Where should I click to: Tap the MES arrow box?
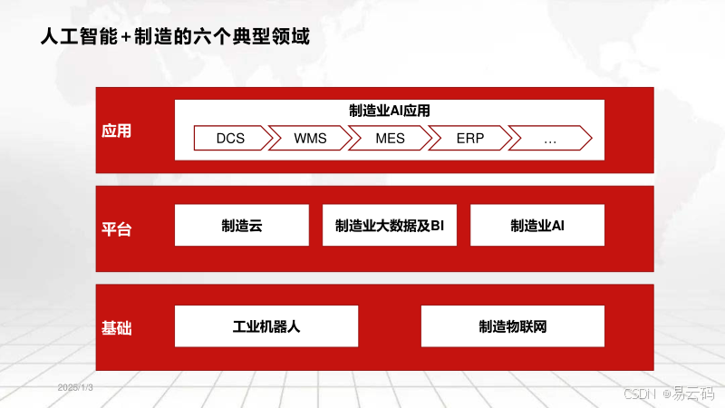tap(390, 139)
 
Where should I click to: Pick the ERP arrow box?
tap(469, 139)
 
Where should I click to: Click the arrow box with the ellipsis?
tap(549, 139)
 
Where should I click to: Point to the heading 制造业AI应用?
tap(390, 111)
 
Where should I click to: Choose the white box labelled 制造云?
tap(241, 225)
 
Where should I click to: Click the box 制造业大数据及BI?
tap(389, 225)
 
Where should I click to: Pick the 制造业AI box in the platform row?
tap(537, 225)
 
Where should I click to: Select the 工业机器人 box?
tap(266, 326)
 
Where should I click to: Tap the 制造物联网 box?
tap(513, 326)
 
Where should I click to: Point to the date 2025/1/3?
tap(76, 387)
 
